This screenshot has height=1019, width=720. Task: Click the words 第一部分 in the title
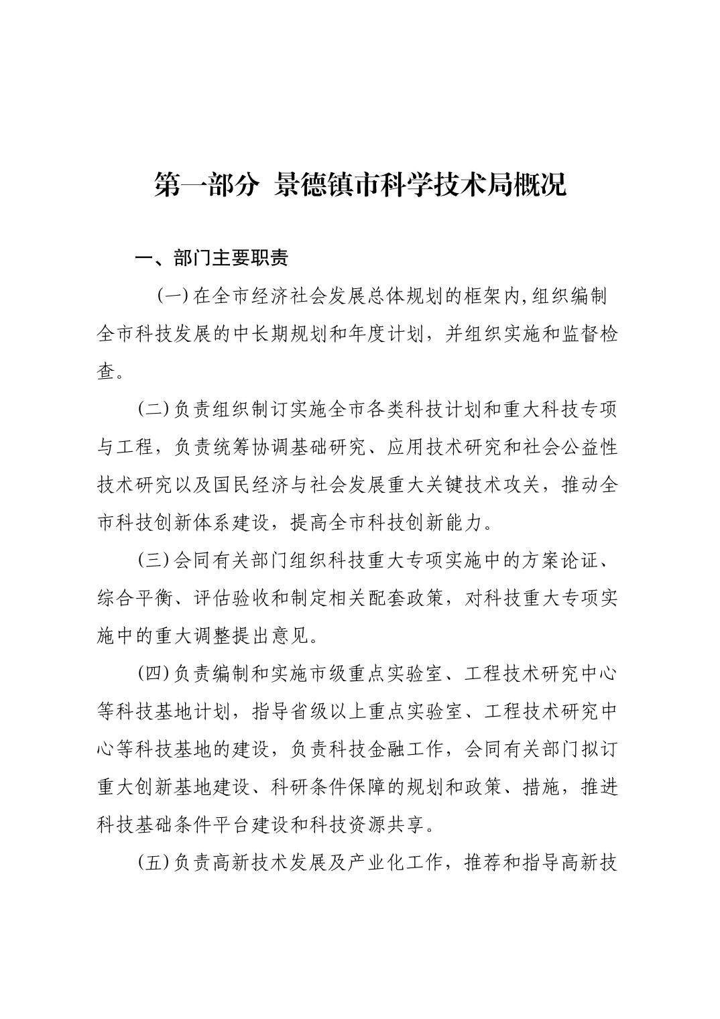pyautogui.click(x=206, y=185)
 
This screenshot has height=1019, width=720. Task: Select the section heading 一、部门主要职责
pyautogui.click(x=212, y=259)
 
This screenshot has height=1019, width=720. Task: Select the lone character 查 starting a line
pyautogui.click(x=106, y=371)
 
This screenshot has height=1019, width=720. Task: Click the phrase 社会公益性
pyautogui.click(x=579, y=447)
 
